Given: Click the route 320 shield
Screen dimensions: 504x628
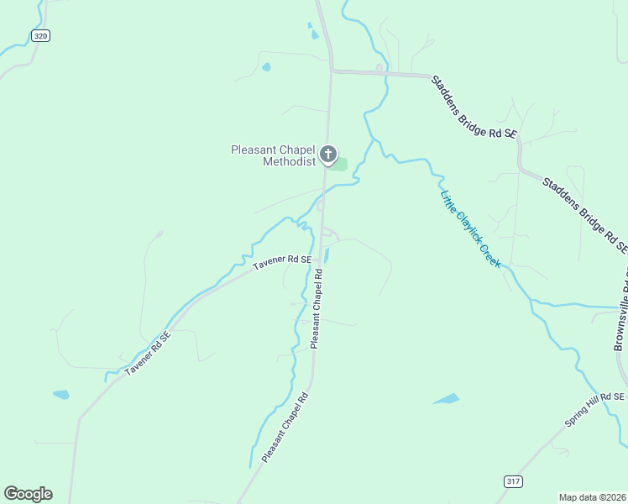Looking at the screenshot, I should click(41, 35).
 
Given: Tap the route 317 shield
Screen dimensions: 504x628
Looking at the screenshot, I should click(513, 481).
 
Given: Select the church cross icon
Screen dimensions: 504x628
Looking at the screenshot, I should click(328, 155).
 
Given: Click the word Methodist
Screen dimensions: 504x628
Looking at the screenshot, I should click(288, 161).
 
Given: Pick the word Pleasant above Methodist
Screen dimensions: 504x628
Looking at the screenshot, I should click(253, 150).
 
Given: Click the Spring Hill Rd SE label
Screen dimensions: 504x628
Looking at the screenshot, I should click(595, 409).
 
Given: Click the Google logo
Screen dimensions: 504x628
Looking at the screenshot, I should click(28, 494).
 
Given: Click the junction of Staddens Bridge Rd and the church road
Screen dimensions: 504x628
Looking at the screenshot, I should click(332, 71).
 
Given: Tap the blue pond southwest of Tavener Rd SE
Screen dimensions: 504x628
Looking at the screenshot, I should click(60, 394).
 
